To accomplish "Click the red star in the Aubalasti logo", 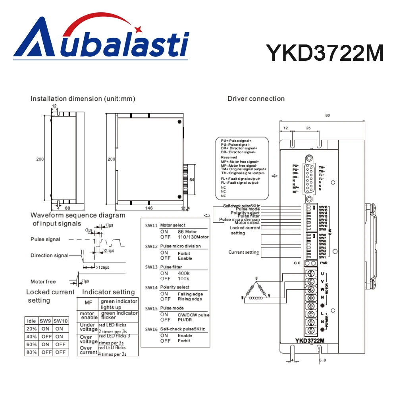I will (139, 29).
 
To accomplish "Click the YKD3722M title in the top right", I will (324, 52).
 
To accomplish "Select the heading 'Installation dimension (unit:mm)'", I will (83, 98).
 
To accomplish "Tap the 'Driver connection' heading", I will (256, 98).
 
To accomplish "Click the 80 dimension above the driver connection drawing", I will (327, 116).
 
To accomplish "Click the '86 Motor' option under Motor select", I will (187, 231).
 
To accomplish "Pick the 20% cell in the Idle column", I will (31, 329).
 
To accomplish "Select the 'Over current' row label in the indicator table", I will (88, 350).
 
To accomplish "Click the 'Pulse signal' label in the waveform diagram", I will (45, 239).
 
